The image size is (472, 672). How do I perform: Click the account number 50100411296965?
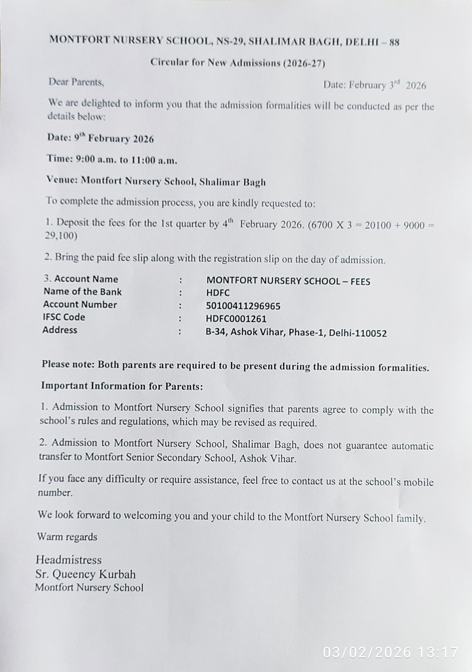pos(243,306)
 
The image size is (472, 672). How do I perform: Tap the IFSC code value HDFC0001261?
pos(236,319)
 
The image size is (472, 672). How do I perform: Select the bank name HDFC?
pos(218,293)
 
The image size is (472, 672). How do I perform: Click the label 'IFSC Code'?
pos(64,317)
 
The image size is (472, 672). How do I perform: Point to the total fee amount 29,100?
pos(61,236)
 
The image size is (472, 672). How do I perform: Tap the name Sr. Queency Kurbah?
pos(85,574)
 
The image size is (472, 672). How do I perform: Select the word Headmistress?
pos(69,560)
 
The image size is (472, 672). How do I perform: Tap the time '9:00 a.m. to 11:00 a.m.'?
pos(126,160)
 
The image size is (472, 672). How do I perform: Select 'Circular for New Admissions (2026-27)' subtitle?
pos(238,63)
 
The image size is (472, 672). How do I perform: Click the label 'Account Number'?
pos(80,304)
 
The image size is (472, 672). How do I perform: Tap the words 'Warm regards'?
pos(67,536)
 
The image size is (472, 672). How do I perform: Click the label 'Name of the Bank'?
pos(83,291)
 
